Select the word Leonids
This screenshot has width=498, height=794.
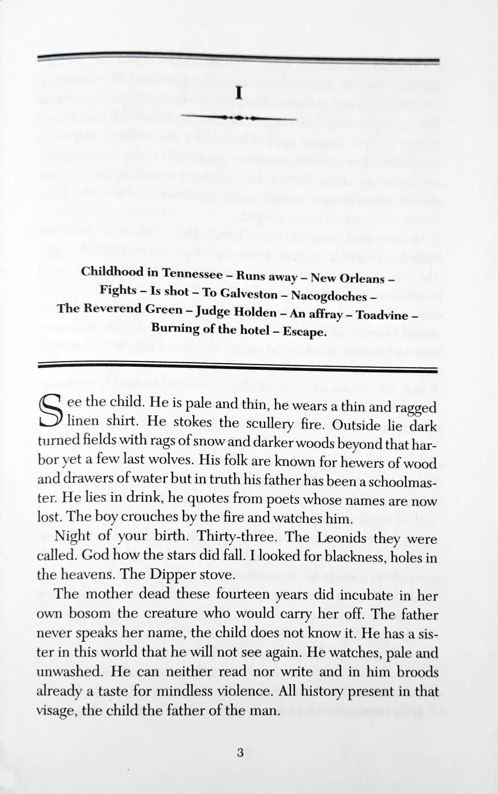tap(343, 538)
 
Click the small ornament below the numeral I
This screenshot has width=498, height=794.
tap(239, 118)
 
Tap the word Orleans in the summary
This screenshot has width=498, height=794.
tap(362, 279)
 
